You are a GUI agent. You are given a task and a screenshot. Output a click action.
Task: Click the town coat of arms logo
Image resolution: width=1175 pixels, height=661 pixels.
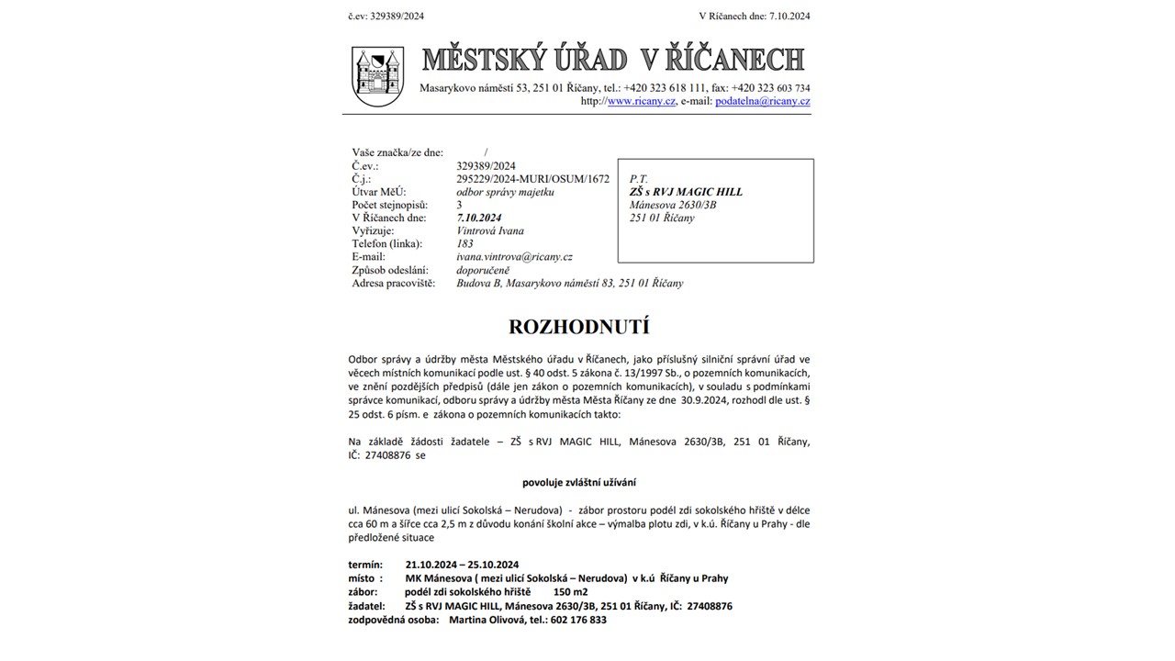(378, 76)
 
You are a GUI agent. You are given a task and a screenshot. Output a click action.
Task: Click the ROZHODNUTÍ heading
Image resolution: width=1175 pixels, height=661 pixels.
(578, 327)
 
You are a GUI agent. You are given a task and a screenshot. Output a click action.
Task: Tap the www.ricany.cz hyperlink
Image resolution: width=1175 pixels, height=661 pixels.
(642, 101)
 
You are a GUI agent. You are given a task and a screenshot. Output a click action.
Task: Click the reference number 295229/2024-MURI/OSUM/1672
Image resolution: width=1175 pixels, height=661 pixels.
(532, 179)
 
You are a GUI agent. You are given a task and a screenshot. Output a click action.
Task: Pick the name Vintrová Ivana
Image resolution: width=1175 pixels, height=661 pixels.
(490, 231)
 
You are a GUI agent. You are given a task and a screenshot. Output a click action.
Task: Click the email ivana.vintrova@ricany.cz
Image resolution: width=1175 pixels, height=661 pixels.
(514, 257)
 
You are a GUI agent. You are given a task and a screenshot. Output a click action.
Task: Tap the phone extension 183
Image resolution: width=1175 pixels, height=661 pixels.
(464, 244)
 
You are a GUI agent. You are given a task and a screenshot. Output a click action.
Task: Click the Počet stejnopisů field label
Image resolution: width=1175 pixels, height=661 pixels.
(390, 206)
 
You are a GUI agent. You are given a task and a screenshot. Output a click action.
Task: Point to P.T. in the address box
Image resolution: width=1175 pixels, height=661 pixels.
(639, 179)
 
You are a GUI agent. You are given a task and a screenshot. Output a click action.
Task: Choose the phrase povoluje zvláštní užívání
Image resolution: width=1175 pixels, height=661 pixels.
(579, 482)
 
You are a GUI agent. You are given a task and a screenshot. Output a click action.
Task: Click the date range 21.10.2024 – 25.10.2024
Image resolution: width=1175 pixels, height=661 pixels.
(462, 565)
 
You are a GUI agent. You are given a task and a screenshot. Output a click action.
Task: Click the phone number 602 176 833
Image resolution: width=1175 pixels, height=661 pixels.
(578, 620)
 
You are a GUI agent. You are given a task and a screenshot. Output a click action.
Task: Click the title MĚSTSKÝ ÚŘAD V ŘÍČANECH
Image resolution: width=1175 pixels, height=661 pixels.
(612, 60)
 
